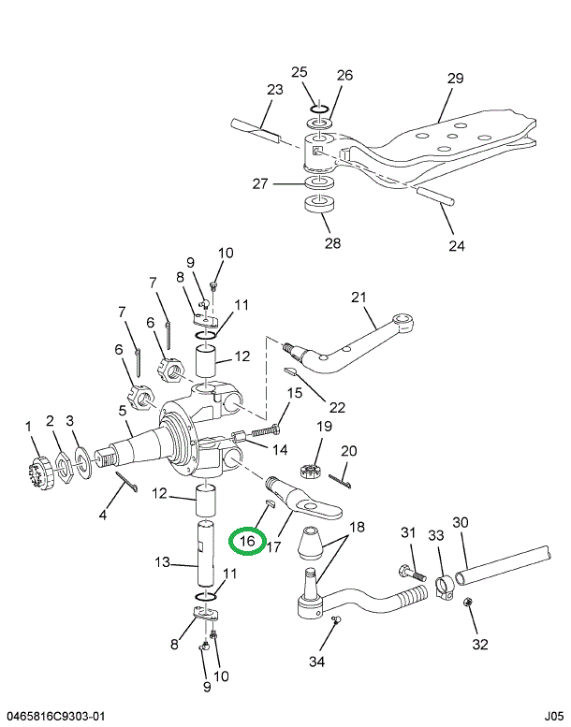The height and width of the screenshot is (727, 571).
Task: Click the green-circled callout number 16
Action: [x=248, y=540]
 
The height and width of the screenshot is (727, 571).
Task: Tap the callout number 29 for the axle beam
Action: [x=455, y=79]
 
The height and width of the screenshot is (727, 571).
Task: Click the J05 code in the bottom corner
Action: [x=552, y=716]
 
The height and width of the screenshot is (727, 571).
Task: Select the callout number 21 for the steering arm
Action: [x=357, y=298]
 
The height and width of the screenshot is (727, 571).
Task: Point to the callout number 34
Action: [x=317, y=662]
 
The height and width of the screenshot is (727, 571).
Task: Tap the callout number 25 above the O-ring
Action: [x=299, y=72]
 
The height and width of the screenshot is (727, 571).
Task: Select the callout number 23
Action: [x=274, y=90]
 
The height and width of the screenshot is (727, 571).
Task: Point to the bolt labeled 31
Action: [x=410, y=571]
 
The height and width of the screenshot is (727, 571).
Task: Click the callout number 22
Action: [x=337, y=407]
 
